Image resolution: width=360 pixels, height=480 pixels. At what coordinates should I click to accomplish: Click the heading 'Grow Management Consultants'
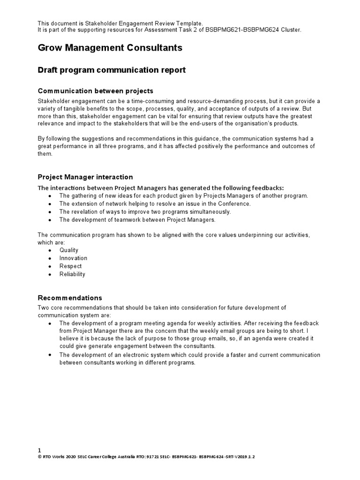(x=110, y=48)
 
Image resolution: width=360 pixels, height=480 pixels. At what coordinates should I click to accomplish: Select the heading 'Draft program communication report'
(x=112, y=70)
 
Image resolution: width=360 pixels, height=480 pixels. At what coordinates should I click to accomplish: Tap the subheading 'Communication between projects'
(x=95, y=90)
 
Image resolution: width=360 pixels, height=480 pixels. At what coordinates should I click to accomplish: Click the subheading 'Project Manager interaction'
(x=85, y=177)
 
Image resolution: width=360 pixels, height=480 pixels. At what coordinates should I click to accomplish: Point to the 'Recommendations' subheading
(x=69, y=298)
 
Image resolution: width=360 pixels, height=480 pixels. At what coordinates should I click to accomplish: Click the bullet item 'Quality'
(x=69, y=250)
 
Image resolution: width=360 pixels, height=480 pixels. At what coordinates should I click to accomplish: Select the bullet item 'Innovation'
(x=73, y=258)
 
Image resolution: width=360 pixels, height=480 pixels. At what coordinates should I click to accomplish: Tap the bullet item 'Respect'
(x=70, y=266)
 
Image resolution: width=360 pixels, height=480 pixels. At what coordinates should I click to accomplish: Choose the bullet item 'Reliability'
(x=72, y=274)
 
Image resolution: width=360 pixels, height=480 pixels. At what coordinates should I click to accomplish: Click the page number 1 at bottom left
(x=39, y=450)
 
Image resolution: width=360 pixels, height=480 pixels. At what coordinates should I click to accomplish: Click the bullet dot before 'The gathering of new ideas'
(x=50, y=196)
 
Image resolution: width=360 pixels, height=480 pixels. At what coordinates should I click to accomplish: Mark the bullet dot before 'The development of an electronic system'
(x=50, y=355)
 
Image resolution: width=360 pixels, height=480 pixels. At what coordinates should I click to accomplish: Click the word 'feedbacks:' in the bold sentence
(x=268, y=187)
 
